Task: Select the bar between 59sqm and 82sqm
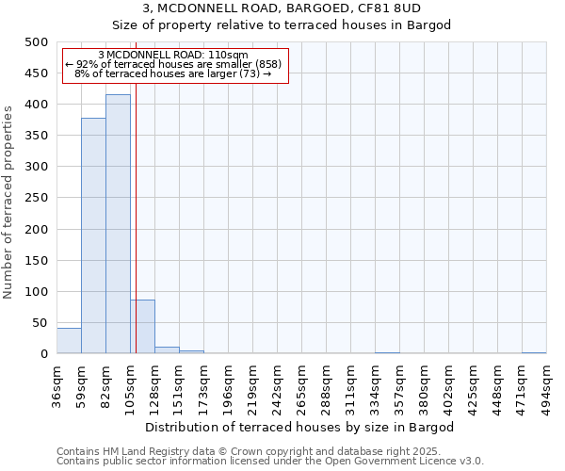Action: coord(93,235)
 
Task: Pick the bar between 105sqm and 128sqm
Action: coord(142,327)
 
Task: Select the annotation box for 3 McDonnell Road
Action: coord(173,65)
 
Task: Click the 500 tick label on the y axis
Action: coord(36,42)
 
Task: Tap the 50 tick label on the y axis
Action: coord(40,323)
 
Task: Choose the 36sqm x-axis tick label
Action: coord(57,384)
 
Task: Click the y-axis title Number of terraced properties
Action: coord(8,202)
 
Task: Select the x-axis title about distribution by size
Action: coord(300,428)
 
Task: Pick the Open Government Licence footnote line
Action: coord(270,462)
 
